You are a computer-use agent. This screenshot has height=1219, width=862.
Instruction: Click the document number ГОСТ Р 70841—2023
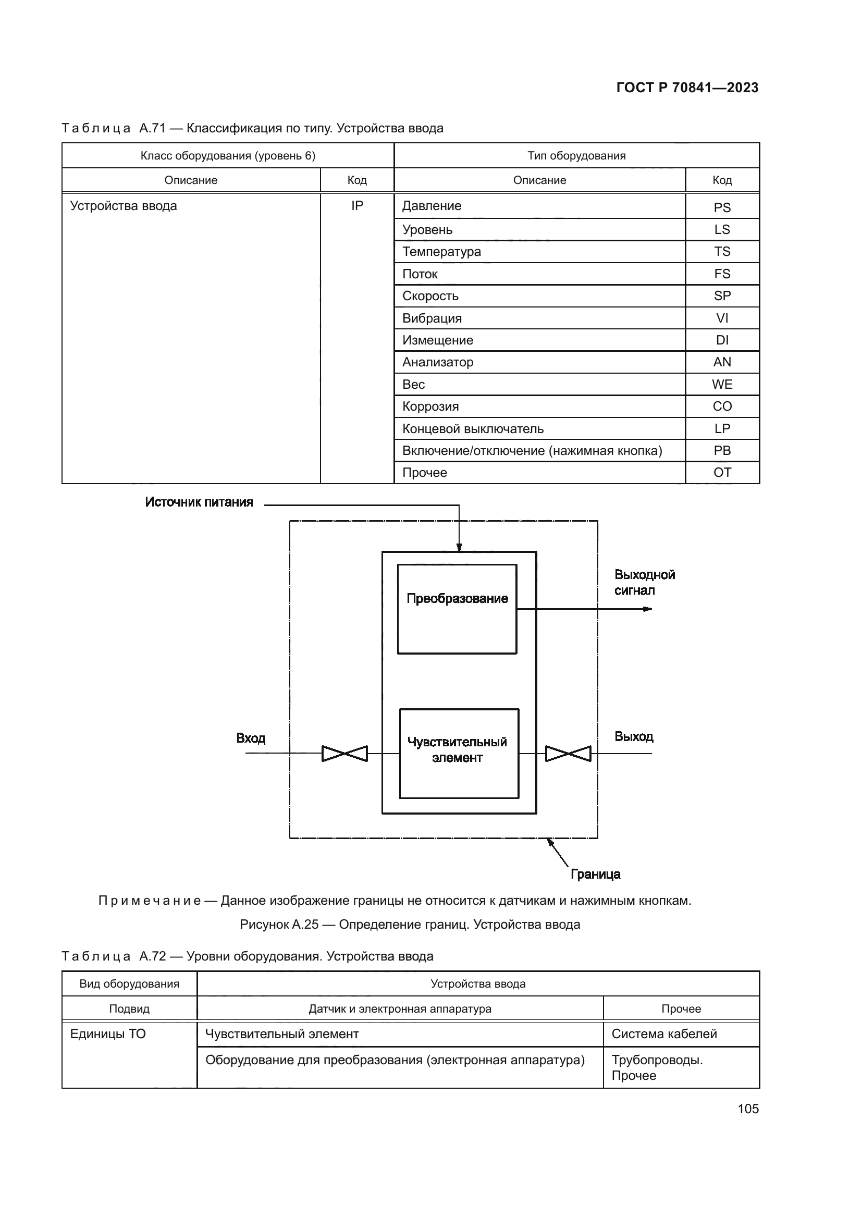(x=687, y=88)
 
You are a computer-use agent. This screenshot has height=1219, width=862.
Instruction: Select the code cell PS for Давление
(x=722, y=207)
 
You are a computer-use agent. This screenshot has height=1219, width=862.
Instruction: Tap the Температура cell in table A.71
(x=441, y=252)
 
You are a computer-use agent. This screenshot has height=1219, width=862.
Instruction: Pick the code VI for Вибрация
(x=722, y=318)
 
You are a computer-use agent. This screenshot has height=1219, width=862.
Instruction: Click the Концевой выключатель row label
(x=472, y=428)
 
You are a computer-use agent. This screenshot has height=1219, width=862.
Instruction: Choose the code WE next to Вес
(x=722, y=385)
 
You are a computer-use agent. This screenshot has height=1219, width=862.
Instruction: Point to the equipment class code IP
(x=356, y=206)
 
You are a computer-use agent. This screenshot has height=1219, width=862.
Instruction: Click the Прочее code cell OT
(x=722, y=473)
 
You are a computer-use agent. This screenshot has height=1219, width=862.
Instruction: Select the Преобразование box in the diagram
(x=457, y=609)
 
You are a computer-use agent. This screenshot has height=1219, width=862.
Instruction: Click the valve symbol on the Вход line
(x=344, y=754)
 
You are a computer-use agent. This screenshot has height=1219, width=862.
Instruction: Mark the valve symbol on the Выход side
(x=568, y=754)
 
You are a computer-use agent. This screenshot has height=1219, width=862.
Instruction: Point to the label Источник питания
(x=199, y=502)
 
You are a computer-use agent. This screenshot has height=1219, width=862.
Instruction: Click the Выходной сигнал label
(x=644, y=583)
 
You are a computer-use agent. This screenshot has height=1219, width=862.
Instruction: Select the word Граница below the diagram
(x=595, y=874)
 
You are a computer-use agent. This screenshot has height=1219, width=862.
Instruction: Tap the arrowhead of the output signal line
(x=648, y=609)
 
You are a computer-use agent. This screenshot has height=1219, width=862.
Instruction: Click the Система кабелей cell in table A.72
(x=664, y=1033)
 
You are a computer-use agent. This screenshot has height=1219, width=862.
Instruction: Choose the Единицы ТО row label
(x=108, y=1033)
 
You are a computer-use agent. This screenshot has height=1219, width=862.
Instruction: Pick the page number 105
(x=748, y=1109)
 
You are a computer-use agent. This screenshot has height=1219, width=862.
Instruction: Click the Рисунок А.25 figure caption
(x=410, y=925)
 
